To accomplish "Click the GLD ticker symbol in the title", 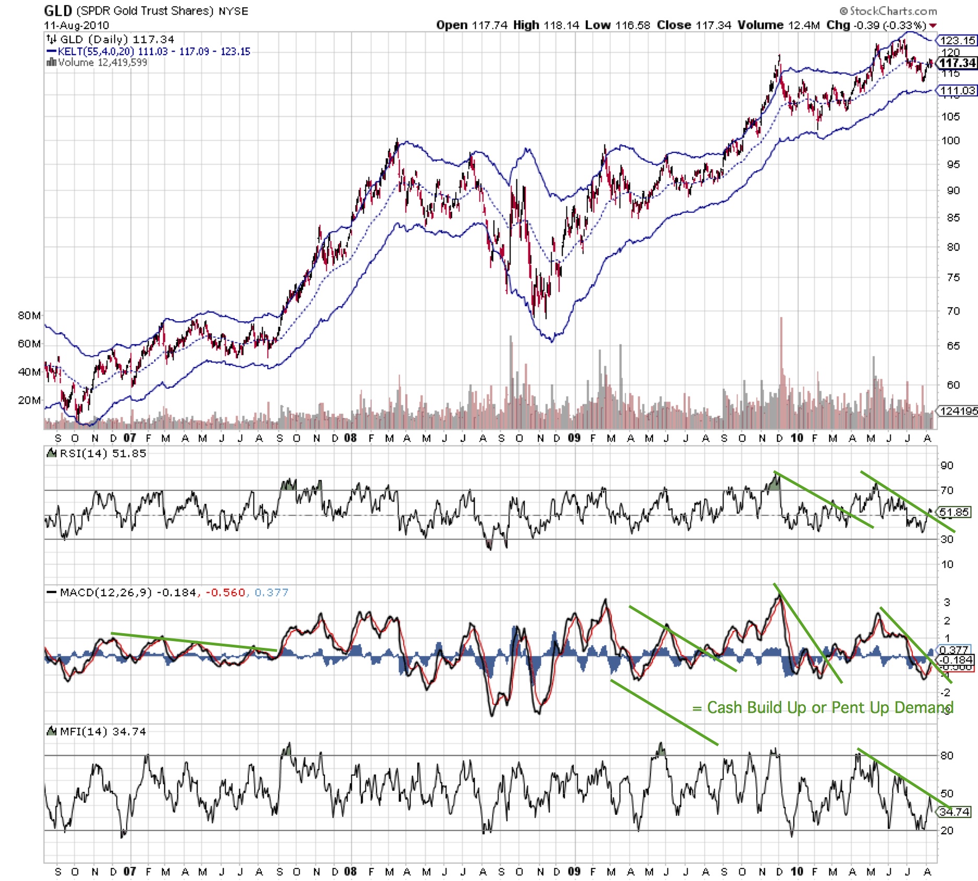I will point(57,10).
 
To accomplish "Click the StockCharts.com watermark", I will point(888,10).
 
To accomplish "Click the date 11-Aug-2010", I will point(76,25).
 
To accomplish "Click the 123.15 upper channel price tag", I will point(958,40).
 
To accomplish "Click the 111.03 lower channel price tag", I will point(958,91).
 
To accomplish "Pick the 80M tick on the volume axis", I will point(29,316).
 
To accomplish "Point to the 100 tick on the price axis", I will point(950,140).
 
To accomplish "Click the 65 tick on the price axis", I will point(953,346).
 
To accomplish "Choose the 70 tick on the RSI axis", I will point(947,490).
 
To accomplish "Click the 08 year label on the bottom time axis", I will point(351,871).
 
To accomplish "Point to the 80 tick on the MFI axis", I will point(947,755).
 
